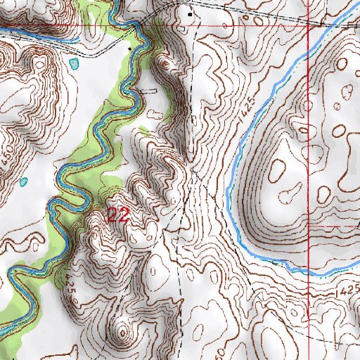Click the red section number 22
117,215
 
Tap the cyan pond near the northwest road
75,63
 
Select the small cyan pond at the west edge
24,183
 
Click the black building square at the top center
189,13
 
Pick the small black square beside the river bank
129,48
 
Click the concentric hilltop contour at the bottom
124,330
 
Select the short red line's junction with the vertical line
309,228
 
